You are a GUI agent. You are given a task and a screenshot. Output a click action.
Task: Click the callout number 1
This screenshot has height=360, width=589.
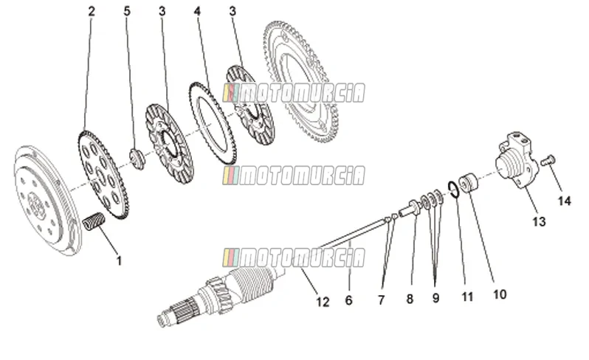119,260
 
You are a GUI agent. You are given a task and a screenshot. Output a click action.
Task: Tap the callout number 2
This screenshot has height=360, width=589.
92,11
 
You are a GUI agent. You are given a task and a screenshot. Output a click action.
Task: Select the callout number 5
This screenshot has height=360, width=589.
127,11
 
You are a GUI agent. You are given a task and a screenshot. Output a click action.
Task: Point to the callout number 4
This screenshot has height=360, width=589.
197,11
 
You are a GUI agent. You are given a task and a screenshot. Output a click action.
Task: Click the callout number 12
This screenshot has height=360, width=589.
323,302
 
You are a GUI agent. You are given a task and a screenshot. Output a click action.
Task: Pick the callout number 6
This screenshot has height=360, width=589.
348,300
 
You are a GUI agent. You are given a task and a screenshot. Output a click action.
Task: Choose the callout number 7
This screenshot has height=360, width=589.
382,300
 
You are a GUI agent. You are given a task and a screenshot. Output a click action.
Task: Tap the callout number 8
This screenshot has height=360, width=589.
410,299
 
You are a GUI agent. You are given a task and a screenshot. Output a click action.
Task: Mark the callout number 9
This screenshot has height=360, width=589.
435,298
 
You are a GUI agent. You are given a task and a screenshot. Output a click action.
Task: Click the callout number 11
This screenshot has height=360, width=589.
467,297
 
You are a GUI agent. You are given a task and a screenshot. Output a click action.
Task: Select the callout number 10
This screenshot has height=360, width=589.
500,294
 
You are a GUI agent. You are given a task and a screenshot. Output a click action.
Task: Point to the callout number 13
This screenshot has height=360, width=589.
539,221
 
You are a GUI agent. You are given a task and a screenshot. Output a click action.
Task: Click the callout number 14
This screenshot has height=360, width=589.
564,201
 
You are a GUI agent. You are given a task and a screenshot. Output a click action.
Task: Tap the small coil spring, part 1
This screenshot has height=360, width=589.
93,221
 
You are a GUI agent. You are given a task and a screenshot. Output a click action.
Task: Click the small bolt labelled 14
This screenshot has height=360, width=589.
548,161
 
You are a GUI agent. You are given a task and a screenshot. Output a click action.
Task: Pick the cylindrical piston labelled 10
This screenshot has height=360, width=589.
468,182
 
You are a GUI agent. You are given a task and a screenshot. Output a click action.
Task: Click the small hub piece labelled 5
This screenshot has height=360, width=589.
137,159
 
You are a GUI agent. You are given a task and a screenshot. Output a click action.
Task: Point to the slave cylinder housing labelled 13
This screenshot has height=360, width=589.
514,159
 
